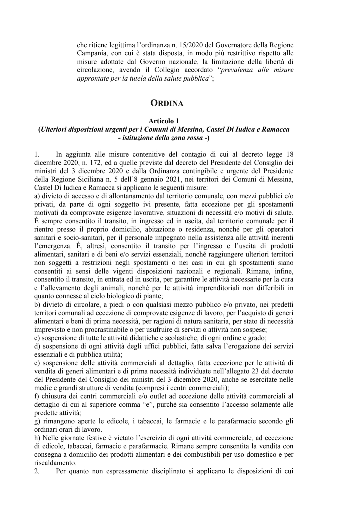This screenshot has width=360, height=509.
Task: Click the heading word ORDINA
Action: (x=167, y=103)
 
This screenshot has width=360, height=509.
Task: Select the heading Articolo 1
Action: (x=164, y=122)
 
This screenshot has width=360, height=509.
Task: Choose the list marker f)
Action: (x=36, y=396)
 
